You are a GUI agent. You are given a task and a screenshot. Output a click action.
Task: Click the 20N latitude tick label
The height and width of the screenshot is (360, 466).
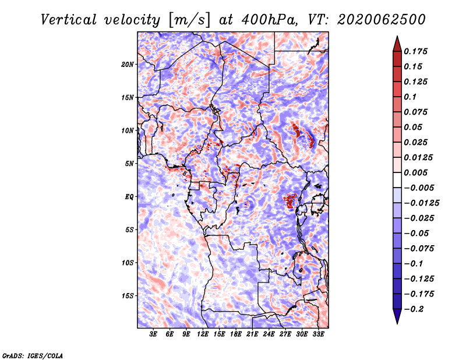127,65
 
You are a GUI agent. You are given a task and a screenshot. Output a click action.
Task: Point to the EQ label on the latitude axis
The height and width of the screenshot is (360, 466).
129,197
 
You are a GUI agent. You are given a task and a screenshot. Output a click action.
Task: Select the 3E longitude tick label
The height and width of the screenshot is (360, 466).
153,334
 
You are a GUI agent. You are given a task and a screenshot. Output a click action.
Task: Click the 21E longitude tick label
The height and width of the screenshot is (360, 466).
252,334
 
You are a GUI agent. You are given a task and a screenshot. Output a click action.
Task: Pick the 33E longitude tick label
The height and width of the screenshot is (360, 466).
318,334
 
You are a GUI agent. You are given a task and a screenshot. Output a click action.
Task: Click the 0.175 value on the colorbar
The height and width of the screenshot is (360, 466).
415,51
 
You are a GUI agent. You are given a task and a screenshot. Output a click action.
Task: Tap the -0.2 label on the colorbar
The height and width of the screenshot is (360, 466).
414,309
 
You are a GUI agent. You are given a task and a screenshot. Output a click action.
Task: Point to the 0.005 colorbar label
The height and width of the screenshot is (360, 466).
415,172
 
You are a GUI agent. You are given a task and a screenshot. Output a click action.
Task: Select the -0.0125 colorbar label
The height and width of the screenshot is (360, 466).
421,203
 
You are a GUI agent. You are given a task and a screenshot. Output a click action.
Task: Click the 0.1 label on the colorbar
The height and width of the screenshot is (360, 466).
410,97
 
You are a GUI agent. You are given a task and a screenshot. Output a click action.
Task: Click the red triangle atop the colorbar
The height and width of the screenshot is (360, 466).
397,44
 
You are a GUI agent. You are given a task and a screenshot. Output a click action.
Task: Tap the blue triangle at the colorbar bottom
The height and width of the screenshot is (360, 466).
397,316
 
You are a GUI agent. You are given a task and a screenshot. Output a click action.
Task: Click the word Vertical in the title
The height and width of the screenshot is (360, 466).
69,20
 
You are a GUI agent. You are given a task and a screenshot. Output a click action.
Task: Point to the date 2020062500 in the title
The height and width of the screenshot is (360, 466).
382,20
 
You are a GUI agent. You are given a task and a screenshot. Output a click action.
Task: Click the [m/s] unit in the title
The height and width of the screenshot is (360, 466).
189,20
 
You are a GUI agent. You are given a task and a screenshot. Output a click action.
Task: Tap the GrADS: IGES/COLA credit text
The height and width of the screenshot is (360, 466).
33,356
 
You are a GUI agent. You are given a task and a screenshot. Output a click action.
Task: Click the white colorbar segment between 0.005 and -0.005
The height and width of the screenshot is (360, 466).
397,180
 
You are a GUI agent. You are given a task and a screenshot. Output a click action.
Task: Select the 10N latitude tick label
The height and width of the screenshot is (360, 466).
127,130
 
